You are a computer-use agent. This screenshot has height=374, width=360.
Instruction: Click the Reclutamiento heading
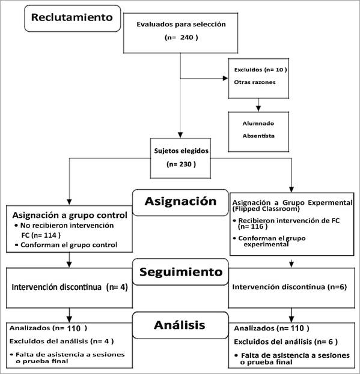pyautogui.click(x=72, y=17)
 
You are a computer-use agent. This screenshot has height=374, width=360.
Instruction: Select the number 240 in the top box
pyautogui.click(x=187, y=37)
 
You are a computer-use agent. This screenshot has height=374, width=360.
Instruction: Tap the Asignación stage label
pyautogui.click(x=180, y=201)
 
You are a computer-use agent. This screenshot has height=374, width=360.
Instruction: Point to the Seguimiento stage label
pyautogui.click(x=181, y=272)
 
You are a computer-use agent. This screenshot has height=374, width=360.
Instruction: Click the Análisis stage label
pyautogui.click(x=180, y=325)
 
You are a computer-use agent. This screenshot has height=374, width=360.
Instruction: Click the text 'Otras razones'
pyautogui.click(x=255, y=82)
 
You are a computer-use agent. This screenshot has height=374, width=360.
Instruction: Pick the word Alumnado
pyautogui.click(x=258, y=124)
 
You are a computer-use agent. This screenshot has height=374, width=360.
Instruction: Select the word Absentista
pyautogui.click(x=258, y=136)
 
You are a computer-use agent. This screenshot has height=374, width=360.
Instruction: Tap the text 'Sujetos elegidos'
pyautogui.click(x=181, y=151)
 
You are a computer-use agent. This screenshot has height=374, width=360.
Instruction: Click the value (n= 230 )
pyautogui.click(x=181, y=164)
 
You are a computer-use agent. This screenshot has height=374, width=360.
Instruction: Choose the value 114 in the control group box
pyautogui.click(x=50, y=235)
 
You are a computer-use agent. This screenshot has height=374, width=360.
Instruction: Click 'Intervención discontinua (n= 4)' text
pyautogui.click(x=70, y=287)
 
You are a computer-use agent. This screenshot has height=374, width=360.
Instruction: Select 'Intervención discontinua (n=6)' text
pyautogui.click(x=289, y=287)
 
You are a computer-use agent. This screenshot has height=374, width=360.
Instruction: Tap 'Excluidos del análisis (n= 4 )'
pyautogui.click(x=61, y=342)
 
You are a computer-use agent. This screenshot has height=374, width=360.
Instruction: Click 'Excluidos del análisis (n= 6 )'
pyautogui.click(x=285, y=342)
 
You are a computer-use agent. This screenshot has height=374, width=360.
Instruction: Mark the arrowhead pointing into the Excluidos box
pyautogui.click(x=225, y=78)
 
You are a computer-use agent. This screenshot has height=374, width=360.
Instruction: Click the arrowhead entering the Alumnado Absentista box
pyautogui.click(x=258, y=109)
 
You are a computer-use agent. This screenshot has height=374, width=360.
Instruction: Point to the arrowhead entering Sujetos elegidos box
pyautogui.click(x=180, y=135)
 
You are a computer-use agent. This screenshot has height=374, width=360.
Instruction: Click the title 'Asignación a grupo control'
pyautogui.click(x=70, y=215)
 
